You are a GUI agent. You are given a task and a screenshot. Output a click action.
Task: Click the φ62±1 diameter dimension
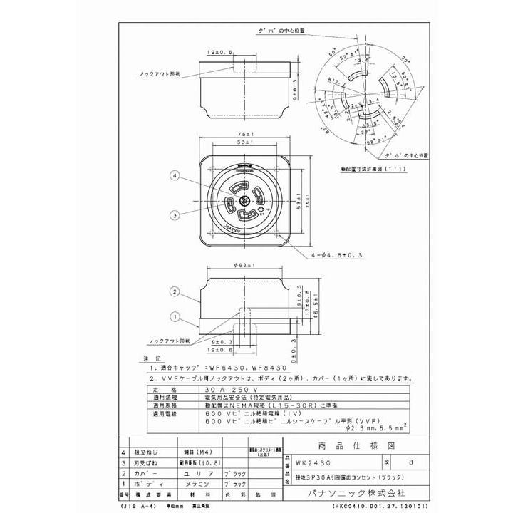pos(244,265)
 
